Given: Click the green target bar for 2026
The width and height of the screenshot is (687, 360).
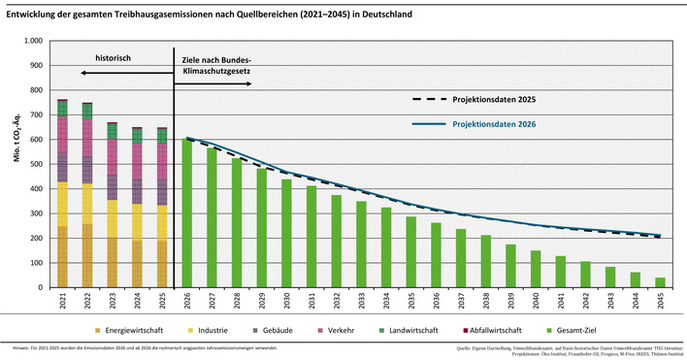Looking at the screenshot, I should [x=186, y=213].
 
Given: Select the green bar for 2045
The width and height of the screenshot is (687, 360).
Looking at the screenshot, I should [x=661, y=282].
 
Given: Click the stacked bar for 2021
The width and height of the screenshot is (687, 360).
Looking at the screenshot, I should [x=62, y=194].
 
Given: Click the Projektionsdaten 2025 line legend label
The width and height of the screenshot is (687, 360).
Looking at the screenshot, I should [x=485, y=100].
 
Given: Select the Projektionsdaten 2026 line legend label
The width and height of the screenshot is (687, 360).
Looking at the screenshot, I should [x=485, y=124].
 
